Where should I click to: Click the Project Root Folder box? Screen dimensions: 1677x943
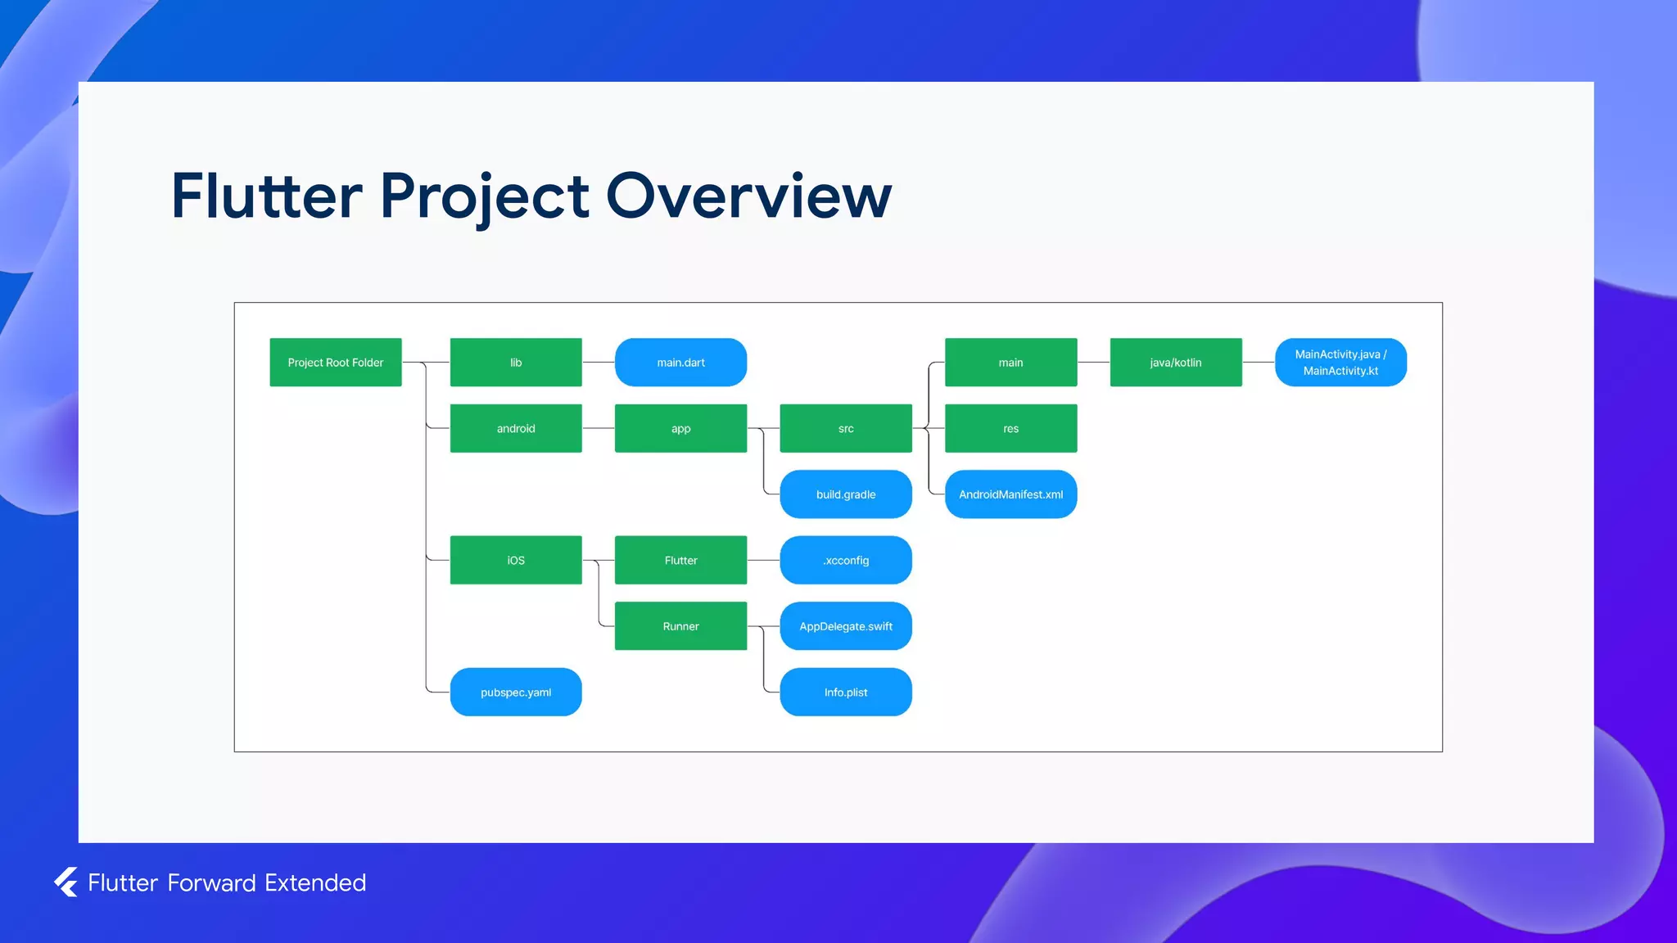pyautogui.click(x=336, y=362)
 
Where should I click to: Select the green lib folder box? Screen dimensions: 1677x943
pyautogui.click(x=516, y=362)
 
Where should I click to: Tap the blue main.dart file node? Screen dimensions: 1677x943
pyautogui.click(x=680, y=362)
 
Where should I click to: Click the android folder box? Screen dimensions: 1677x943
pyautogui.click(x=516, y=428)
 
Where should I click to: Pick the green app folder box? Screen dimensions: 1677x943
pyautogui.click(x=680, y=428)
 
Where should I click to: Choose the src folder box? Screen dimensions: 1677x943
pyautogui.click(x=846, y=428)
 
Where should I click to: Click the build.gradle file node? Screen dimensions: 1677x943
pyautogui.click(x=846, y=494)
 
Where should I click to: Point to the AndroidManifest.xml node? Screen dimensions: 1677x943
pyautogui.click(x=1010, y=494)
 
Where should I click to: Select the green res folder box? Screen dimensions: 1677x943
pyautogui.click(x=1010, y=428)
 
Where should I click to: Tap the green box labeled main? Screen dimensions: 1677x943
pyautogui.click(x=1010, y=362)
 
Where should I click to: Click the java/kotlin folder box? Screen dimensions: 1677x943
pyautogui.click(x=1176, y=362)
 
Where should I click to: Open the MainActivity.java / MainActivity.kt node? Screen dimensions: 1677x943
pyautogui.click(x=1340, y=362)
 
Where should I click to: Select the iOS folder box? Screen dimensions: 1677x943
pyautogui.click(x=516, y=560)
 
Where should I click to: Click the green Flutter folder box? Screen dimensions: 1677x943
pyautogui.click(x=680, y=560)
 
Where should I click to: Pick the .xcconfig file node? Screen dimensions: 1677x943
pyautogui.click(x=846, y=560)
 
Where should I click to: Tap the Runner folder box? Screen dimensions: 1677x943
pyautogui.click(x=680, y=626)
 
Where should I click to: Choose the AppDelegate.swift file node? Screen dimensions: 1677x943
pyautogui.click(x=846, y=626)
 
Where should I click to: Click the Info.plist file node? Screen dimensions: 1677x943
pyautogui.click(x=846, y=692)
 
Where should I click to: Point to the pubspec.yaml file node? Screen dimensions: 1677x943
pyautogui.click(x=516, y=692)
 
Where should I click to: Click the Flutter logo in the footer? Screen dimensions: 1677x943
pyautogui.click(x=66, y=882)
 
